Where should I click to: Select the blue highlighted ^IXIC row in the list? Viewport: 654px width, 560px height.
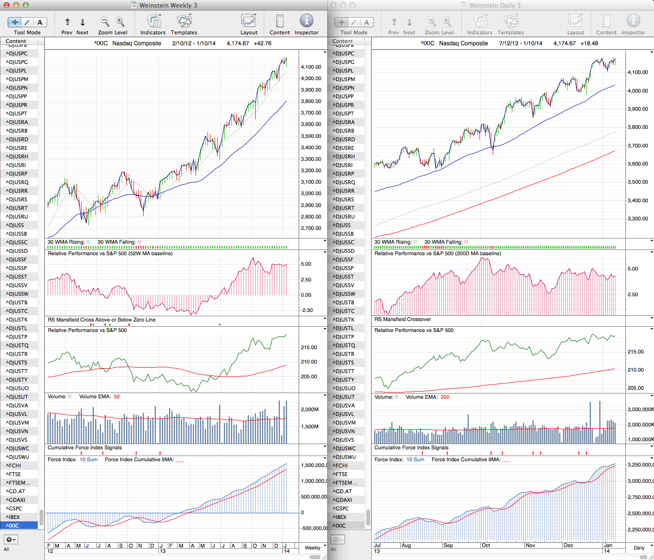pos(19,526)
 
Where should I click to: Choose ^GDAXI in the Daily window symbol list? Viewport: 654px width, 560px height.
pos(343,500)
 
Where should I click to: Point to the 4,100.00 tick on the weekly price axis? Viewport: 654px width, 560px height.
pos(311,67)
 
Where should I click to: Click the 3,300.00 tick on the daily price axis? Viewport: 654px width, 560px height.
pos(638,219)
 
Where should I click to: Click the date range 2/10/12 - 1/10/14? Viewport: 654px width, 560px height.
pos(194,43)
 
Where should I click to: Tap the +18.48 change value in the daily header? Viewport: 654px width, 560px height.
pos(589,43)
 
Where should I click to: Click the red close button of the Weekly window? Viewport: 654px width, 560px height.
pos(6,5)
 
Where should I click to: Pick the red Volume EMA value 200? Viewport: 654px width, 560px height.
pos(445,397)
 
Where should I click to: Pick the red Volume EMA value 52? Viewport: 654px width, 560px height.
pos(117,396)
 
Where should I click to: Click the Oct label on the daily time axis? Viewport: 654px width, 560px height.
pos(486,545)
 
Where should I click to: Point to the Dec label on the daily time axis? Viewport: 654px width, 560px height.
pos(569,545)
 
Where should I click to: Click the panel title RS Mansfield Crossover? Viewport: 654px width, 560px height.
pos(403,320)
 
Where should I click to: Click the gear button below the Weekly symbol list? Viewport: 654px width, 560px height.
pos(10,539)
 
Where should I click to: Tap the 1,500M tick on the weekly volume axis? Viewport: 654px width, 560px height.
pos(310,427)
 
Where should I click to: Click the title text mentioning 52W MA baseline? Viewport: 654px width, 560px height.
pos(110,254)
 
